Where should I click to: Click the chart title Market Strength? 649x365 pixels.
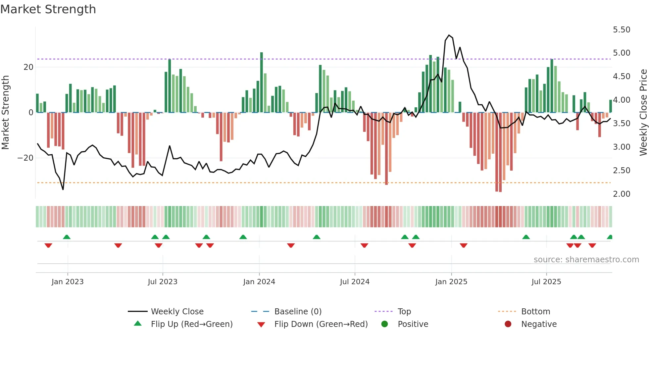(x=48, y=9)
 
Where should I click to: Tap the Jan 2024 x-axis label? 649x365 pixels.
(x=259, y=282)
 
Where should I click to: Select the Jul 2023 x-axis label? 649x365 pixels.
(x=163, y=282)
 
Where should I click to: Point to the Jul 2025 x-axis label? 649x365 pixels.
(x=546, y=282)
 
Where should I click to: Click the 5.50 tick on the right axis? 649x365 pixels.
(x=621, y=30)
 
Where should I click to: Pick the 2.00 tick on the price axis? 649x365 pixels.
(x=621, y=194)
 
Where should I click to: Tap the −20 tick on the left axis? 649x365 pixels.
(x=25, y=158)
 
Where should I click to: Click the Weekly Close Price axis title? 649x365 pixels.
(x=643, y=113)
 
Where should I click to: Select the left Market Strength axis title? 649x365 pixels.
(x=6, y=113)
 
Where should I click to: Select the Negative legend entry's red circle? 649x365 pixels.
(x=508, y=324)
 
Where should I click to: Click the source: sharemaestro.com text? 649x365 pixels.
(x=586, y=260)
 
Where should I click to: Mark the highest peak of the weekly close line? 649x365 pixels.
(x=449, y=35)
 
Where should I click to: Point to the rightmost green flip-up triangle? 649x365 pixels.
(x=610, y=237)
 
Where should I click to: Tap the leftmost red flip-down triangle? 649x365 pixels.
(x=48, y=245)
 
